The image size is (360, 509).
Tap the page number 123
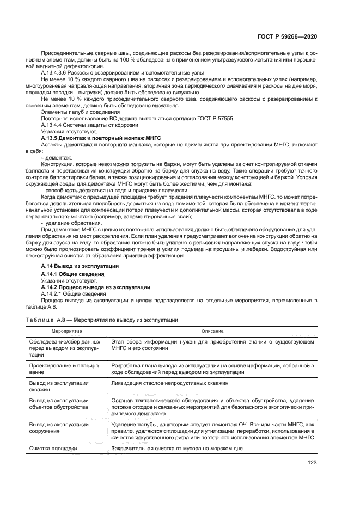pyautogui.click(x=312, y=463)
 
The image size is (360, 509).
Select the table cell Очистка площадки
pyautogui.click(x=53, y=449)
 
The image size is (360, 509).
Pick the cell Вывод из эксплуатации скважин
pyautogui.click(x=58, y=387)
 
